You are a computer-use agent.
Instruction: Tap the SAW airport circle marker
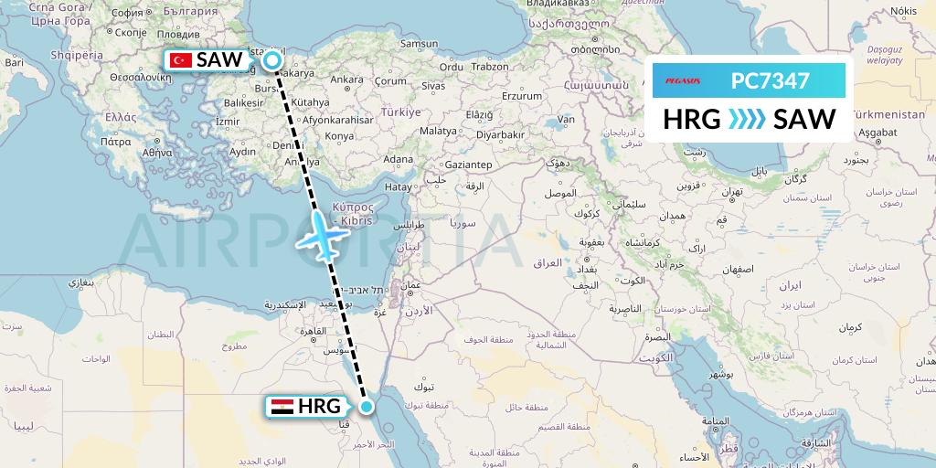[x=273, y=61]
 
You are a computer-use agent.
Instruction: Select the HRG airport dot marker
[x=367, y=407]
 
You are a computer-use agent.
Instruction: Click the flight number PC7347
[x=770, y=81]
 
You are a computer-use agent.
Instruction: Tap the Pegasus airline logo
[x=683, y=81]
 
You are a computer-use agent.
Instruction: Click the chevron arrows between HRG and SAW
[x=747, y=120]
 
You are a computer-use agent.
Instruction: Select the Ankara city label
[x=346, y=80]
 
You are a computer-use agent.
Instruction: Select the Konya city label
[x=339, y=135]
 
